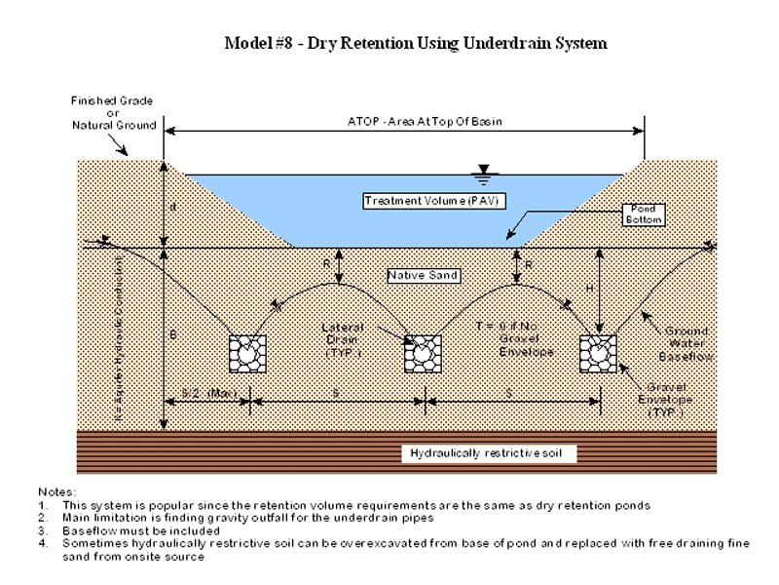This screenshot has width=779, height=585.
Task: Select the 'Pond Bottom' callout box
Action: point(645,215)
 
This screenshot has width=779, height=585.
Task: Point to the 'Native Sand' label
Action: point(417,274)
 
